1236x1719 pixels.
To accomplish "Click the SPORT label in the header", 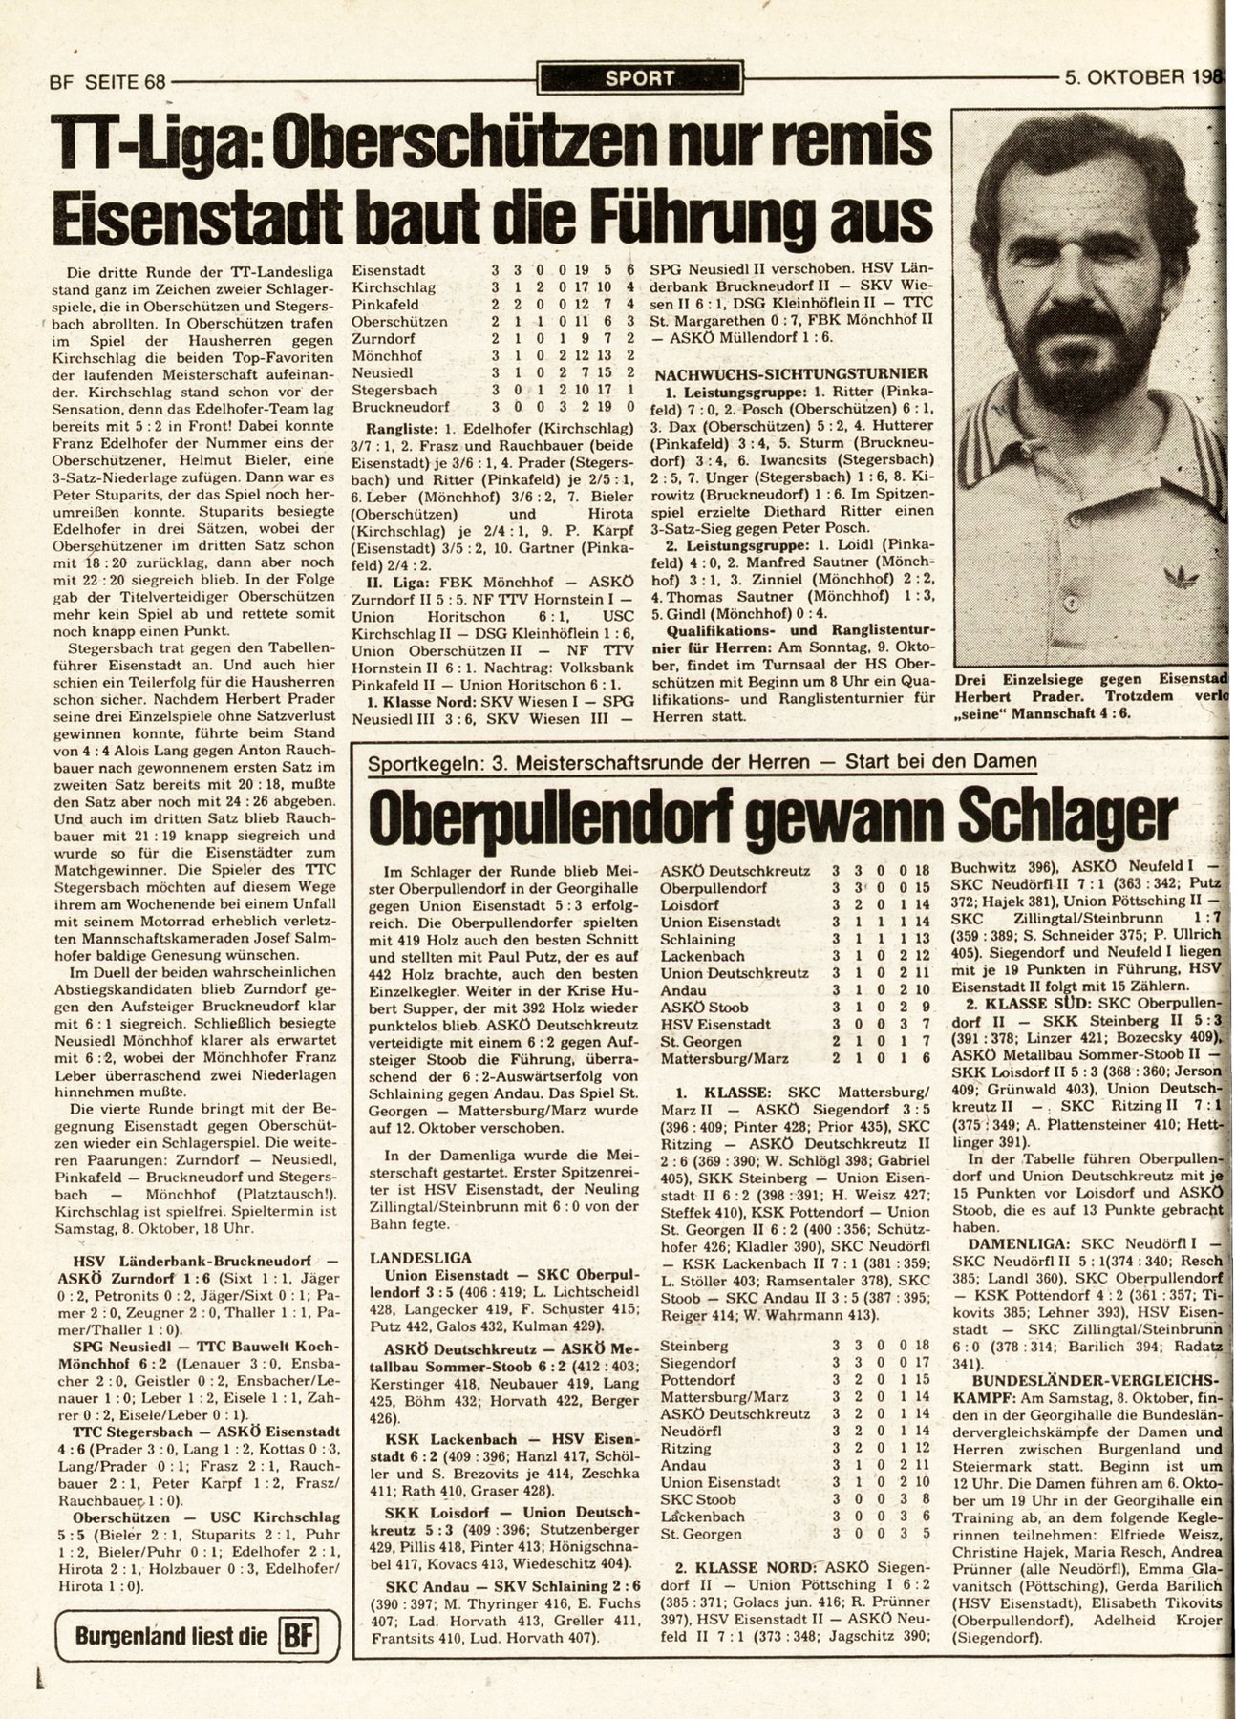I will point(639,78).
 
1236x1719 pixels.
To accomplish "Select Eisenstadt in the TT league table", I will point(390,270).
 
